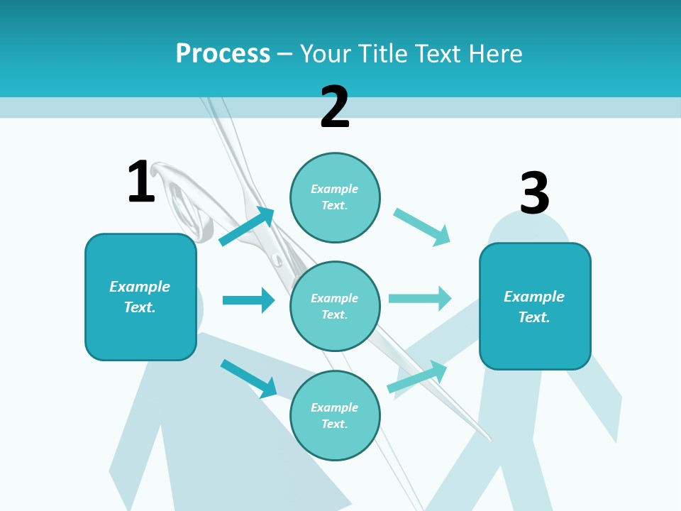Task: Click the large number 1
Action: tap(141, 182)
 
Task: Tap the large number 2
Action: tap(335, 107)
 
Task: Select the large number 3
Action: tap(534, 194)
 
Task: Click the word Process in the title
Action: tap(223, 53)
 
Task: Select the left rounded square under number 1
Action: tap(140, 297)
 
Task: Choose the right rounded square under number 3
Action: tap(535, 307)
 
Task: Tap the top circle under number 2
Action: tap(335, 197)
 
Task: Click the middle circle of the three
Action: tap(335, 306)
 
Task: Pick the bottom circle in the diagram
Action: tap(335, 415)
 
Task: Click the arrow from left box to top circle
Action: tap(247, 226)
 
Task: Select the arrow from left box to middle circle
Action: tap(248, 300)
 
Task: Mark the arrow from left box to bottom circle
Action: tap(248, 378)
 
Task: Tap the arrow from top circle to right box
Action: tap(422, 226)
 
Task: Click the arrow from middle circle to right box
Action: tap(420, 298)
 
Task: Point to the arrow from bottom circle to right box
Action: tap(417, 377)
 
